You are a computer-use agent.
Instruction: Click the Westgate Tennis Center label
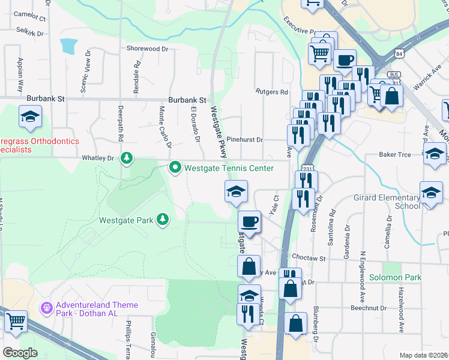tap(229, 168)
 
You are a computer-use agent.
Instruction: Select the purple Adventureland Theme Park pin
tap(47, 308)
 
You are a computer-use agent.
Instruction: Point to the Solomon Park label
tap(394, 277)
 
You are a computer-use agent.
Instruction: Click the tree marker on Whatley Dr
tap(126, 158)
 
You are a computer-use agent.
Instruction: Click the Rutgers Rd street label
tap(272, 92)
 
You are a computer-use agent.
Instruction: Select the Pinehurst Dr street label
tap(245, 140)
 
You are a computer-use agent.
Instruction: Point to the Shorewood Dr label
tap(147, 49)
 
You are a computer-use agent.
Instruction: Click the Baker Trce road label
tap(394, 155)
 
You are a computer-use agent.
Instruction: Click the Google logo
tap(20, 353)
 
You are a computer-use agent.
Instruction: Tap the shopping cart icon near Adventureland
tap(16, 322)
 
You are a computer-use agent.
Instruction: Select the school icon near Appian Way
tap(30, 118)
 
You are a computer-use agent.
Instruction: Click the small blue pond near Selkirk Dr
tap(68, 46)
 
